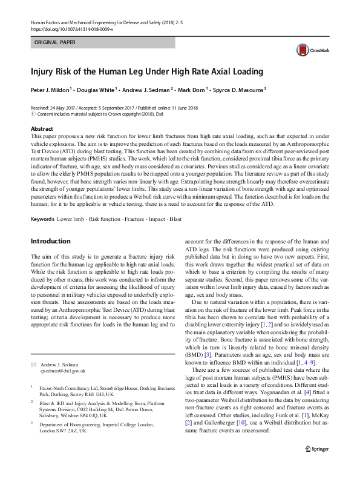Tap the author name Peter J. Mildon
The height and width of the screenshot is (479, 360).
click(50, 90)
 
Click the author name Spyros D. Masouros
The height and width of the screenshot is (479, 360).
click(238, 90)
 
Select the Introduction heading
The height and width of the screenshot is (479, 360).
click(50, 241)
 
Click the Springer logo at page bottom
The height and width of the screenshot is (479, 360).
click(316, 466)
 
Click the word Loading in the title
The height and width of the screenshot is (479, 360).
click(247, 72)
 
